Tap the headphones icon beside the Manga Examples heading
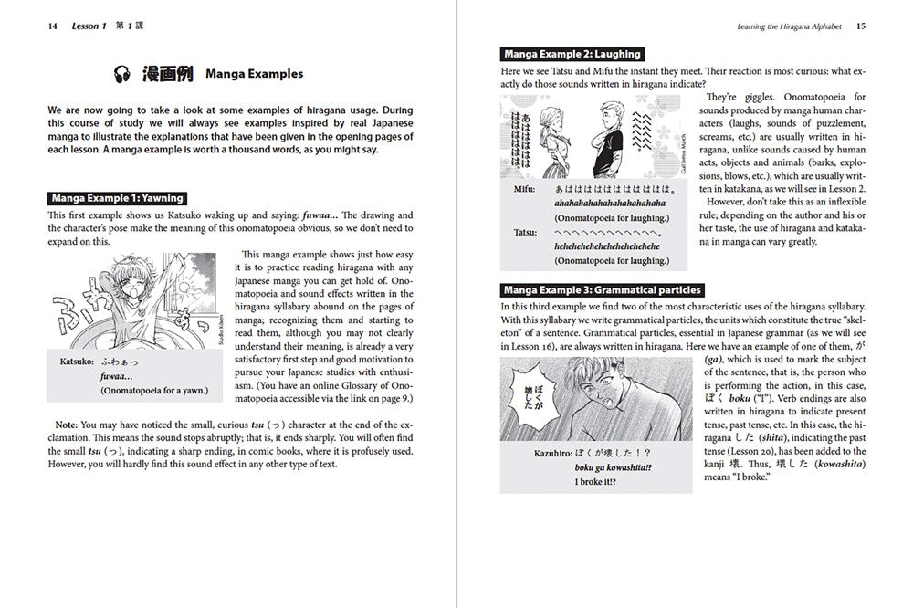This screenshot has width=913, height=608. (124, 73)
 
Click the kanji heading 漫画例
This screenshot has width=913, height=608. (166, 73)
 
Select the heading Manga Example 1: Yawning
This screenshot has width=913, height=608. (118, 197)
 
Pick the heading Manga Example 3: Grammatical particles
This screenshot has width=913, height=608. (603, 290)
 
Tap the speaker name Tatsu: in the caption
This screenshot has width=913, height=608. (523, 233)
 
